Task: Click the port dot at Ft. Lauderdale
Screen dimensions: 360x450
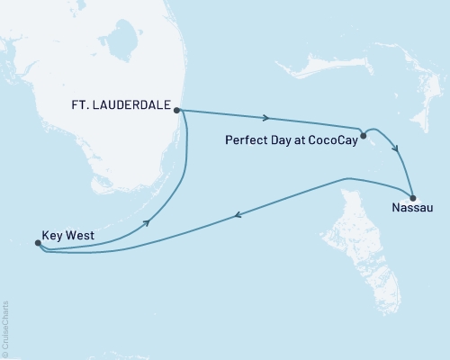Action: coord(177,110)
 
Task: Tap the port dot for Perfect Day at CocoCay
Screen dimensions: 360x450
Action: coord(363,137)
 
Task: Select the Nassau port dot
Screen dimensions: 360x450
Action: coord(412,198)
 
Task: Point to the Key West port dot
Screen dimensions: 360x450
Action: coord(37,243)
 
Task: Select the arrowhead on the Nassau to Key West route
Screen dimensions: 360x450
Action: coord(237,215)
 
